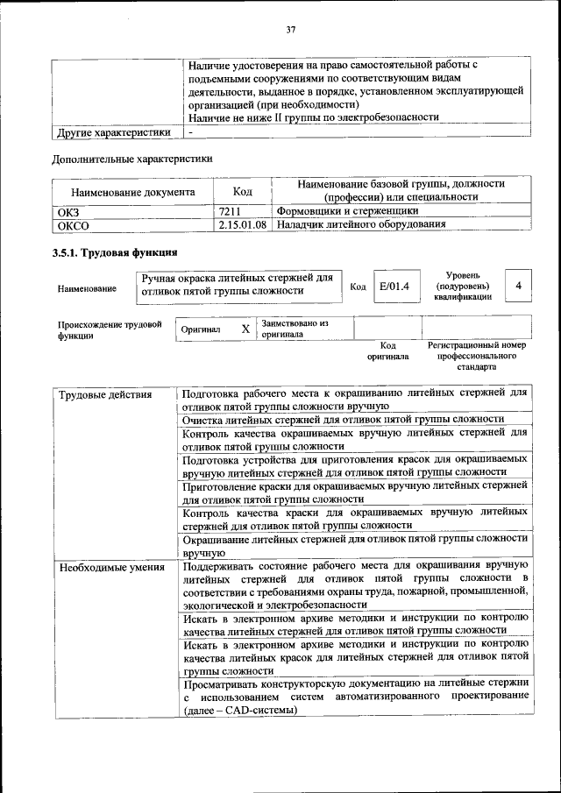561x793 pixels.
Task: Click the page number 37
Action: [x=290, y=31]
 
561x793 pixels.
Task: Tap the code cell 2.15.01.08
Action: [x=243, y=225]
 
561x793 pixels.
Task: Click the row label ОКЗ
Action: [x=67, y=211]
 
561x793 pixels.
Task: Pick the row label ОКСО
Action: [x=73, y=225]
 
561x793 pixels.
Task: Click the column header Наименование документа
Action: [x=133, y=191]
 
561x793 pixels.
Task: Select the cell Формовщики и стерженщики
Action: [x=347, y=211]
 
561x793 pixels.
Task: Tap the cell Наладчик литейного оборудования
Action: [x=361, y=225]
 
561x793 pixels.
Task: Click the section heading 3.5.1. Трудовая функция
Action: [x=116, y=254]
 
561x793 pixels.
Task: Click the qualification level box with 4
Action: [x=520, y=287]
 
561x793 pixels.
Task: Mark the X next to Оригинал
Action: [x=245, y=329]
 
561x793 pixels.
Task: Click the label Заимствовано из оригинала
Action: [x=295, y=329]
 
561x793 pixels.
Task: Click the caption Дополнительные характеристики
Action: [x=133, y=159]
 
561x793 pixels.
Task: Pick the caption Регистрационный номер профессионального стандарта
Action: [x=476, y=357]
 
